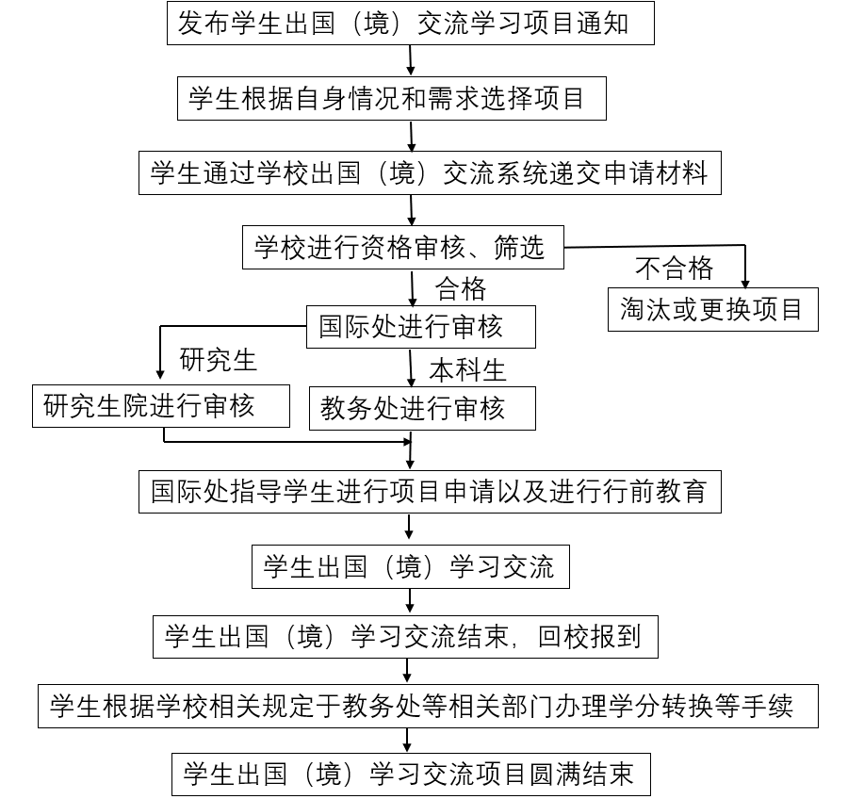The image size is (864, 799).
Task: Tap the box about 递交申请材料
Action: click(430, 172)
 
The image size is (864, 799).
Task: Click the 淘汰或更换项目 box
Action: click(712, 309)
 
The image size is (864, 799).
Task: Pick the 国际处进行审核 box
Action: click(421, 327)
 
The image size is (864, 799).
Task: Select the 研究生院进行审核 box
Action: click(159, 406)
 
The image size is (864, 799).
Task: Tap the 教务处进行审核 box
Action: click(423, 408)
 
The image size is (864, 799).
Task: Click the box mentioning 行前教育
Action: click(430, 491)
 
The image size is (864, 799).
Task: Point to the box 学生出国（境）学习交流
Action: click(410, 566)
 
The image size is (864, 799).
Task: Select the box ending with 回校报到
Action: click(404, 637)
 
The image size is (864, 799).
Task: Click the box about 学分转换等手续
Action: click(428, 707)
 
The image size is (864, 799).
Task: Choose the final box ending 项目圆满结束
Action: click(410, 775)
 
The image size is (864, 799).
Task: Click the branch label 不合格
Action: click(675, 269)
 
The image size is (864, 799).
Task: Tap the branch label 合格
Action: click(461, 287)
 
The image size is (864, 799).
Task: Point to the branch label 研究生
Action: click(218, 359)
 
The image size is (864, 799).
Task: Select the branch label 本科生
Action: click(468, 369)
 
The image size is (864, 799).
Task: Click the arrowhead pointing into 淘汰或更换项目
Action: click(745, 281)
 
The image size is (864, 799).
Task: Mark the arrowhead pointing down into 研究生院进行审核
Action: click(160, 375)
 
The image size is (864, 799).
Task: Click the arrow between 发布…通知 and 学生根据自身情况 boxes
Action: click(411, 60)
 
